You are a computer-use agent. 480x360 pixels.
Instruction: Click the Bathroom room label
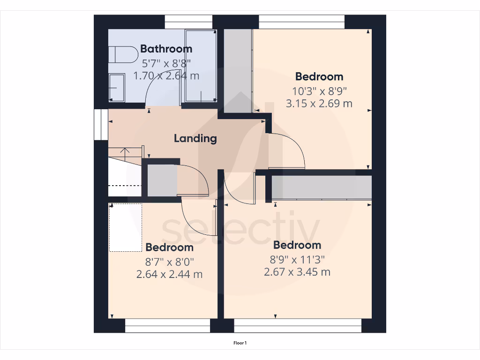166,49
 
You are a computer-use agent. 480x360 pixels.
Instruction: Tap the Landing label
195,138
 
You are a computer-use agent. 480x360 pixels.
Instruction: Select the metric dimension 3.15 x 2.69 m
319,104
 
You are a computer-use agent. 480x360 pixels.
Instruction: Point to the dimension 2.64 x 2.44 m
169,274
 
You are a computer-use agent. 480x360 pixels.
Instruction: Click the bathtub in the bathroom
200,66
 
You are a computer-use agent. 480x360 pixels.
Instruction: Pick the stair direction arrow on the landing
125,151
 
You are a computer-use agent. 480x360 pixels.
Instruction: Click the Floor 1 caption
240,343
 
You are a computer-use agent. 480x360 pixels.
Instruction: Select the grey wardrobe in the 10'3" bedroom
237,70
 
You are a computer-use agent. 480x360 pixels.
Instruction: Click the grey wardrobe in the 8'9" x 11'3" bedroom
322,187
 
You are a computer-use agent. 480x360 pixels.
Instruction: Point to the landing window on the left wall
98,125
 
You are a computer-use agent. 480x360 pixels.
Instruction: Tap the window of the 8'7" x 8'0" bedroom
167,326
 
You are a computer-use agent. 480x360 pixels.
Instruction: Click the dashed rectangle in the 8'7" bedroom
126,227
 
